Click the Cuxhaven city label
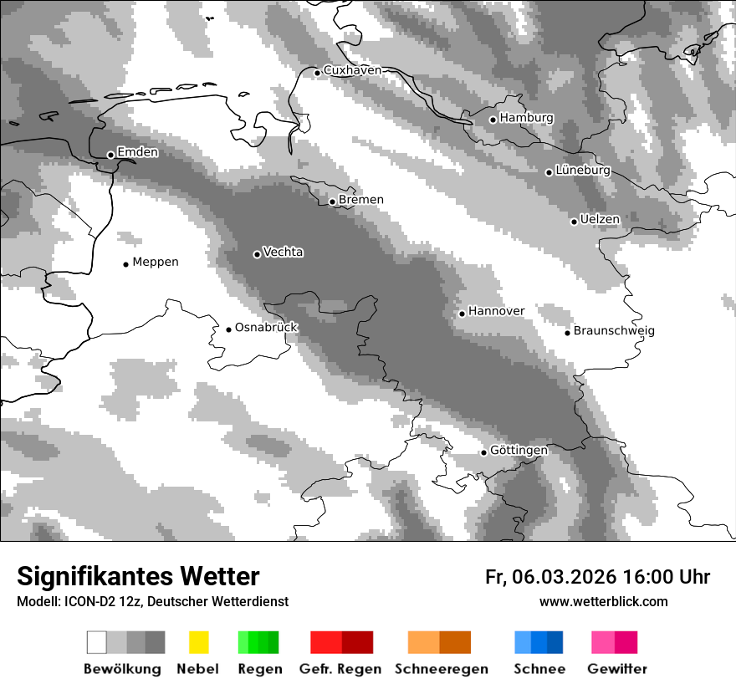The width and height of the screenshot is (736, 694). tap(352, 70)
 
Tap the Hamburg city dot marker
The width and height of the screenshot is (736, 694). tap(493, 120)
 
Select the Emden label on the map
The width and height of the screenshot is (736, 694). tap(137, 152)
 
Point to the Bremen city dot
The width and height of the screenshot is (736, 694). tap(332, 202)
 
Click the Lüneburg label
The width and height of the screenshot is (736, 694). tap(583, 171)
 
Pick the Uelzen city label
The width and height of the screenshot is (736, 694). tap(600, 220)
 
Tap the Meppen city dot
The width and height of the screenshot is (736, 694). tap(125, 264)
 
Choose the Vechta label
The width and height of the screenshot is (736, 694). tap(283, 253)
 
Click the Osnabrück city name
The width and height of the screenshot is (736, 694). tap(266, 328)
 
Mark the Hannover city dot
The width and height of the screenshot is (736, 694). tap(462, 314)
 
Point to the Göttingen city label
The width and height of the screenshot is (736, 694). tap(519, 451)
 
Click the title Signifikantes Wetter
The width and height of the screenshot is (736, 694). tap(138, 577)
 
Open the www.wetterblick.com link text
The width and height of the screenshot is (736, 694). tap(603, 602)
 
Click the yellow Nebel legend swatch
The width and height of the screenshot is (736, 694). tap(198, 642)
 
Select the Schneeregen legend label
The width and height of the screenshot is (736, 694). tap(441, 669)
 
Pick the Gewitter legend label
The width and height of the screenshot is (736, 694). tap(616, 669)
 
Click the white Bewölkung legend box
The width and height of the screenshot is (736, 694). tap(97, 642)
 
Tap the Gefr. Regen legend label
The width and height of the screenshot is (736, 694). tap(340, 669)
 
